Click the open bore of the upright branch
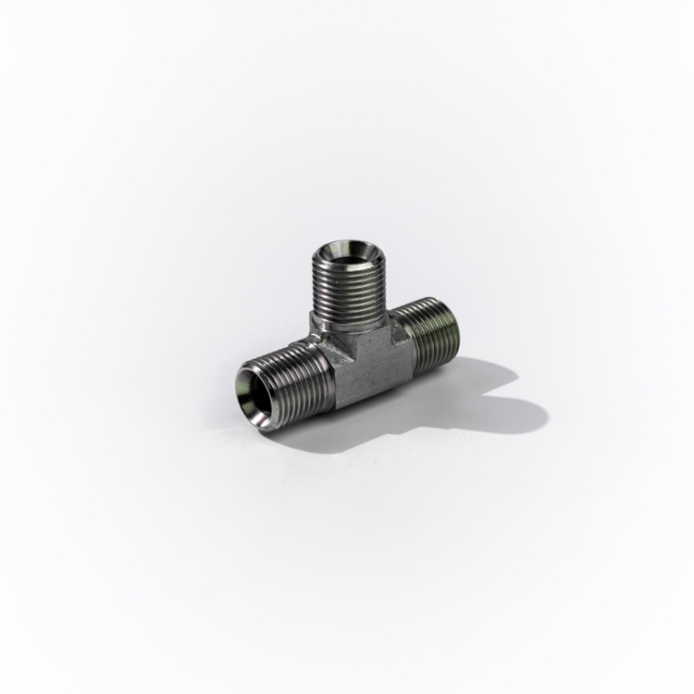(343, 253)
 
